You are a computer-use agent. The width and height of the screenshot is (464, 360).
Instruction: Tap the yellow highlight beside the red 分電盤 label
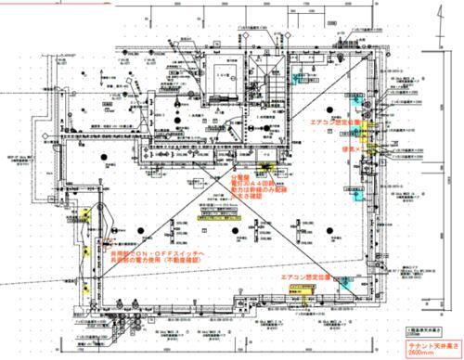click(x=266, y=168)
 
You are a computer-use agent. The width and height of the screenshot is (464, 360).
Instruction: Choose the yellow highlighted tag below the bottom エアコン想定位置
click(x=306, y=295)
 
